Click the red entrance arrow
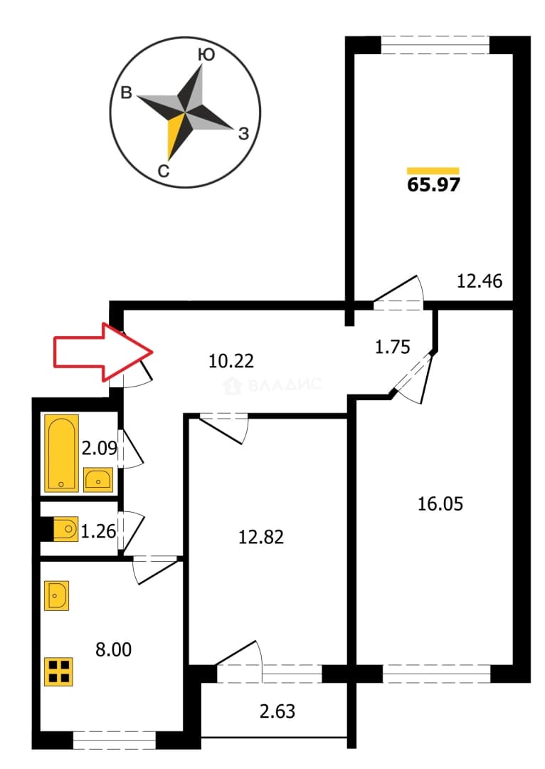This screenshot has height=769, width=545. (103, 352)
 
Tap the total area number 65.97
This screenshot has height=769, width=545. (434, 185)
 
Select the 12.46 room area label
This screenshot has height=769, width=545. (480, 281)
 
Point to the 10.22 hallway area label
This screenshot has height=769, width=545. (231, 361)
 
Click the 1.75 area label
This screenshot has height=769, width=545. (392, 347)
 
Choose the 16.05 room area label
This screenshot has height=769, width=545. (440, 503)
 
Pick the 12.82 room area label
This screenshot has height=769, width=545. (260, 537)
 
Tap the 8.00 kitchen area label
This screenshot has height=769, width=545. (113, 650)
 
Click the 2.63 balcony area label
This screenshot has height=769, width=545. (277, 711)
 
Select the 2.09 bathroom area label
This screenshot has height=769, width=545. (100, 449)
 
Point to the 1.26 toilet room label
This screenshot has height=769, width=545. (98, 531)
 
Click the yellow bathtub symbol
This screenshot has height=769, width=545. (61, 453)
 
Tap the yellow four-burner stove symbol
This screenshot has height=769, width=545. (59, 671)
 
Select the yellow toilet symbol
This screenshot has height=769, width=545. (65, 529)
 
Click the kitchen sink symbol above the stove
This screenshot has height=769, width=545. (56, 596)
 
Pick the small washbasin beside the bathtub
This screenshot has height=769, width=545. (98, 480)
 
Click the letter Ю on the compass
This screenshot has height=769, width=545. (206, 55)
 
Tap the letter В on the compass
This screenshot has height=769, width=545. (127, 93)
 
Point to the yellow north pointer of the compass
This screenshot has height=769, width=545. (175, 136)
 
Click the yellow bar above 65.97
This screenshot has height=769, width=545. (433, 171)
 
